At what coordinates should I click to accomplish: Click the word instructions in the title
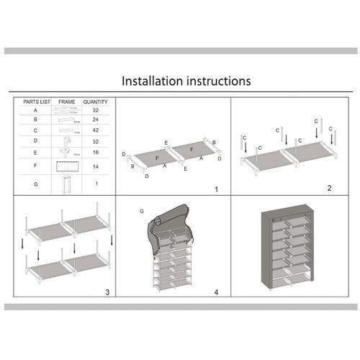(216, 81)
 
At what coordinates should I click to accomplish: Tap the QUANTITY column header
(95, 102)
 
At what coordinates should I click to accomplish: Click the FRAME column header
(66, 102)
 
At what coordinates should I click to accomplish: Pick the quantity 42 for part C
(95, 130)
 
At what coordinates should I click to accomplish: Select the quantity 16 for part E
(95, 153)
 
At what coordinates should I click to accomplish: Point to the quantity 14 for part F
(95, 166)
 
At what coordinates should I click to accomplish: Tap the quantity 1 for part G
(95, 184)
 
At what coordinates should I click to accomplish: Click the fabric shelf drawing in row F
(66, 166)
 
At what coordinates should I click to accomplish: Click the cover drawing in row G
(66, 185)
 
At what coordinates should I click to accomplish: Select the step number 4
(215, 292)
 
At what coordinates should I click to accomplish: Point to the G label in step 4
(143, 211)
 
